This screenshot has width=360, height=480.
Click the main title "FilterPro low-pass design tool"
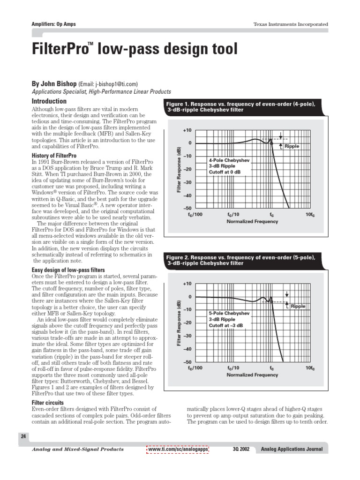(x=135, y=49)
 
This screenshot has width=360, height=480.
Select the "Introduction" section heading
(x=49, y=101)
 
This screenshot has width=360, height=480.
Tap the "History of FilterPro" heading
(x=53, y=156)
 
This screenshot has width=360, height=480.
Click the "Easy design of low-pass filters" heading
(x=68, y=270)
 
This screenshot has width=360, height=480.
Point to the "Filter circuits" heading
(x=48, y=403)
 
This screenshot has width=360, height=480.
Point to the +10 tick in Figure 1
(x=187, y=130)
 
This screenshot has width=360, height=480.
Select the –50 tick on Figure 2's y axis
(x=187, y=362)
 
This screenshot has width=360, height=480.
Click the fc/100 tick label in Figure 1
(x=195, y=214)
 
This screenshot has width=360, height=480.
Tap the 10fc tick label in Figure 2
(x=310, y=368)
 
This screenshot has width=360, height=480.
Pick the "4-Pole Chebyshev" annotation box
(x=230, y=166)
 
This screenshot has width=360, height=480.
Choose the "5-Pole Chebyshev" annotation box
(x=230, y=319)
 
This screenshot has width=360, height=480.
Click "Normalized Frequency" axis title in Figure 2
(x=252, y=375)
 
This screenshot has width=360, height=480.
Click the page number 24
(x=23, y=436)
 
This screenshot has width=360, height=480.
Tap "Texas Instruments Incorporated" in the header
(x=291, y=24)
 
